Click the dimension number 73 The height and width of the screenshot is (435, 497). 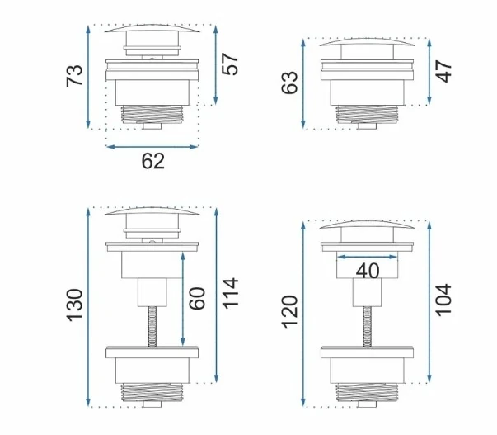coord(74,76)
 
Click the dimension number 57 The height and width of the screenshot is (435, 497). coord(229,64)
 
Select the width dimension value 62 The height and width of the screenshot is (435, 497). coord(152,161)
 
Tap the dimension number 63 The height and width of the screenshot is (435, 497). coord(289,83)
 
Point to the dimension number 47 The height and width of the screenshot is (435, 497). coord(443,71)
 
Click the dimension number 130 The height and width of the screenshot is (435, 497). coord(74,305)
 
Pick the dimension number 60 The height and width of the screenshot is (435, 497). coord(197,299)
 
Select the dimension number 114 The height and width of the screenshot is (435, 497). coord(230,293)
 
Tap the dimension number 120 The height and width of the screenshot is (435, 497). coord(289,311)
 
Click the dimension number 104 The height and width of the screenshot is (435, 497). coord(443,300)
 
